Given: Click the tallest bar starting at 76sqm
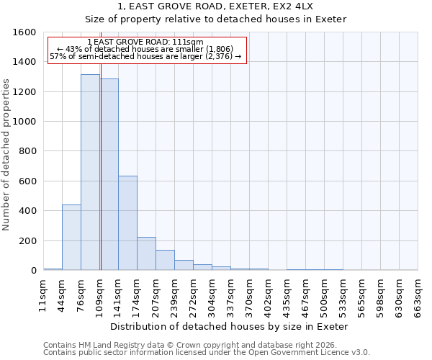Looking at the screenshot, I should pyautogui.click(x=90, y=173).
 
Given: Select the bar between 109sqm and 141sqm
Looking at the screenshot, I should pyautogui.click(x=109, y=175).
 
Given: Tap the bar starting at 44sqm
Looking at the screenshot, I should pyautogui.click(x=71, y=238).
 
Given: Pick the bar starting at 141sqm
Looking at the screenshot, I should pyautogui.click(x=127, y=223).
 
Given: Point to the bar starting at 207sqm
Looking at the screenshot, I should pyautogui.click(x=165, y=260).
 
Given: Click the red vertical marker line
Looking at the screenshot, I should pyautogui.click(x=101, y=180).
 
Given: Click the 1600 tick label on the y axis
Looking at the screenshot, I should pyautogui.click(x=24, y=32).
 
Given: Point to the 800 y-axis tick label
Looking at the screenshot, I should pyautogui.click(x=27, y=151).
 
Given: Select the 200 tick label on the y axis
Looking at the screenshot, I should pyautogui.click(x=27, y=240).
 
